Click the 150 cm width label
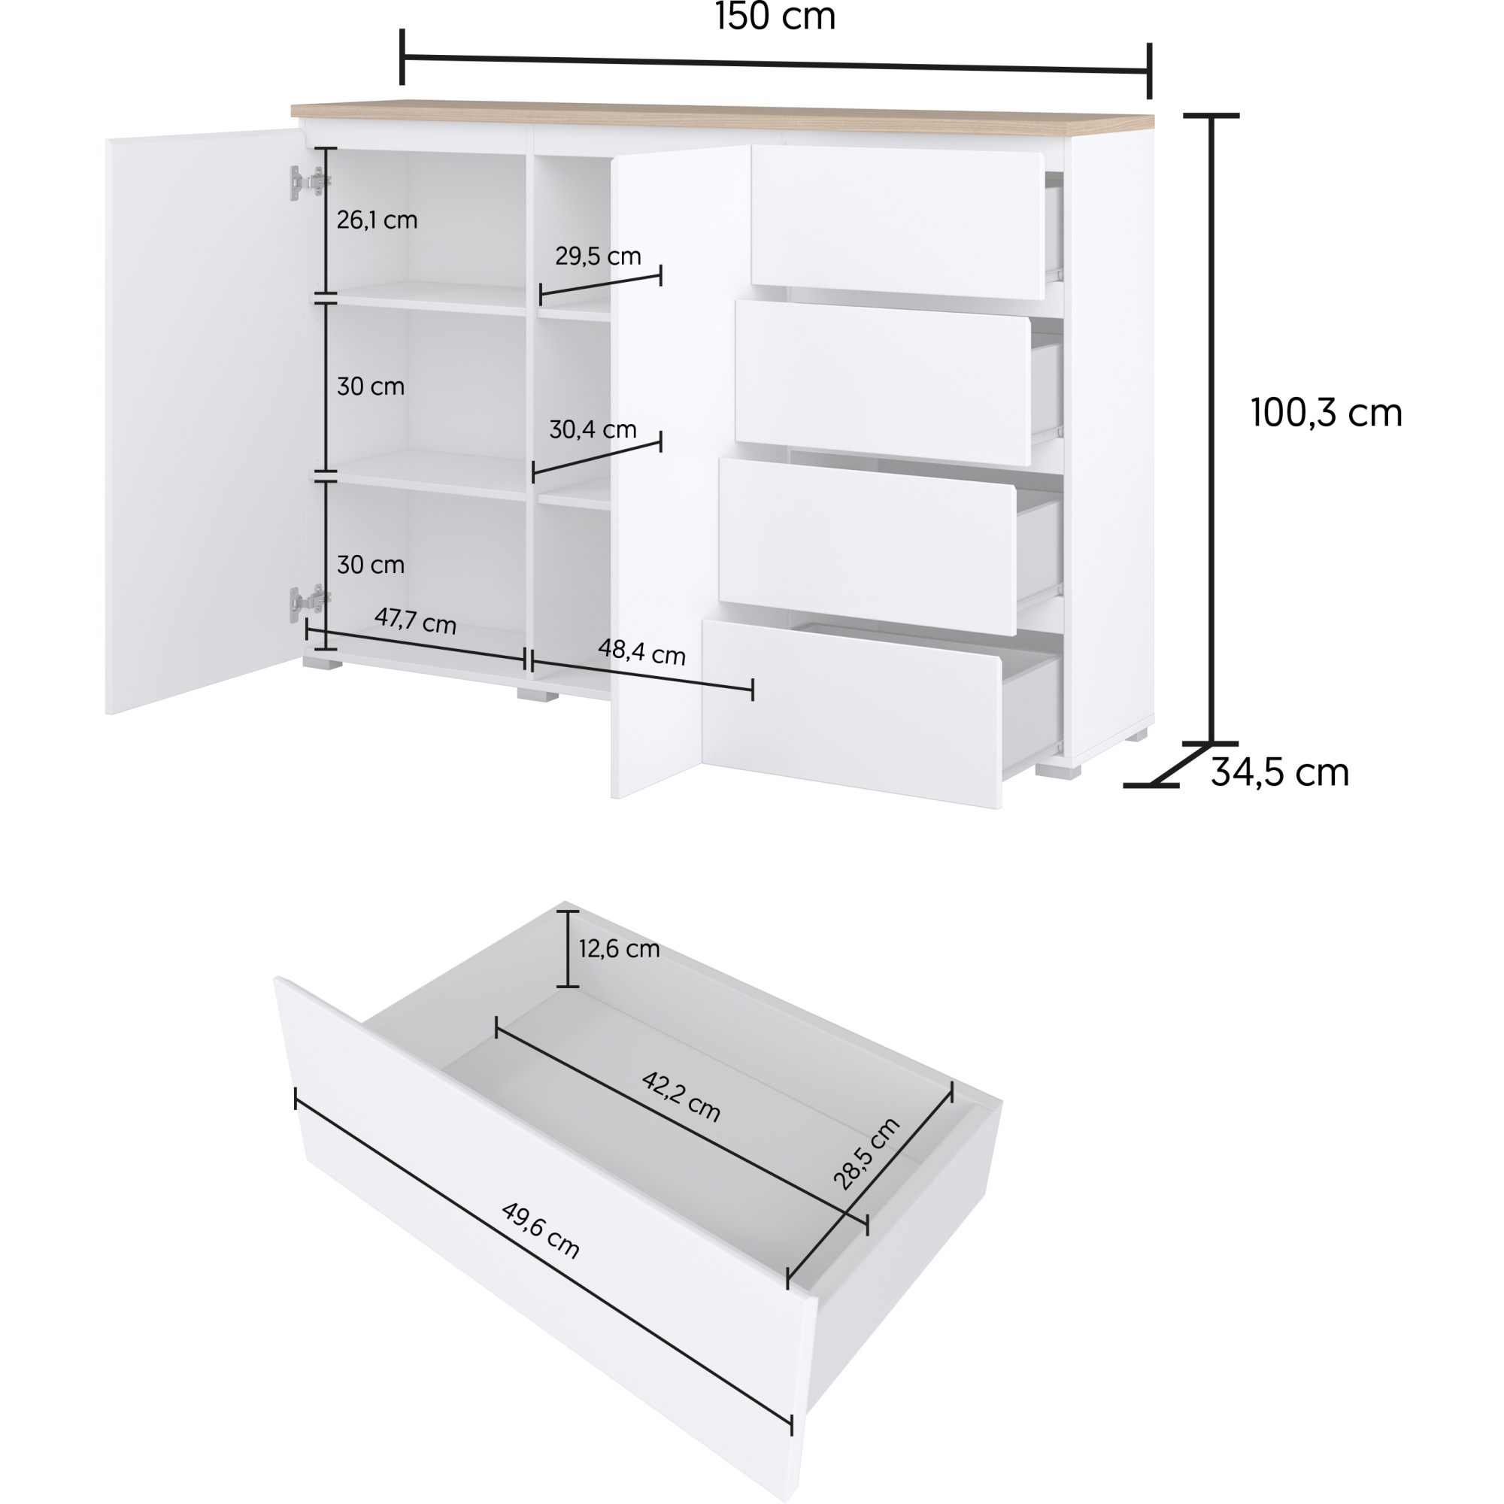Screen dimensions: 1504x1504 775,17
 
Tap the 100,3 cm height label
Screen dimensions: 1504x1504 1327,413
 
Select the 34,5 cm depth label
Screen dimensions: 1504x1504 1280,772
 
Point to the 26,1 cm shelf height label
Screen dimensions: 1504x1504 377,220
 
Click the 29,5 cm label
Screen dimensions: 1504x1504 598,256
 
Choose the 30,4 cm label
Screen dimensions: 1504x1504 593,429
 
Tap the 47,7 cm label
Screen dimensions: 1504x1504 415,620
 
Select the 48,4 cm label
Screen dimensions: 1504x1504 641,652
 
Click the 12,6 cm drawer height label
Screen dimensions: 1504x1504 619,948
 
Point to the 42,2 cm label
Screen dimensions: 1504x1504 681,1097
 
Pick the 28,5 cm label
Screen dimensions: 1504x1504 866,1154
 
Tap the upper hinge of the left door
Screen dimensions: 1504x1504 309,183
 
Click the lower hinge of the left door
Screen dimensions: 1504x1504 309,601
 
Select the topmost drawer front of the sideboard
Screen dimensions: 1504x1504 897,223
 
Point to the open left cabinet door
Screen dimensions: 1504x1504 204,420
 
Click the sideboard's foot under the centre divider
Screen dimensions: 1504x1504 538,693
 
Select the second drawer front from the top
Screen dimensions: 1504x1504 883,383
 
